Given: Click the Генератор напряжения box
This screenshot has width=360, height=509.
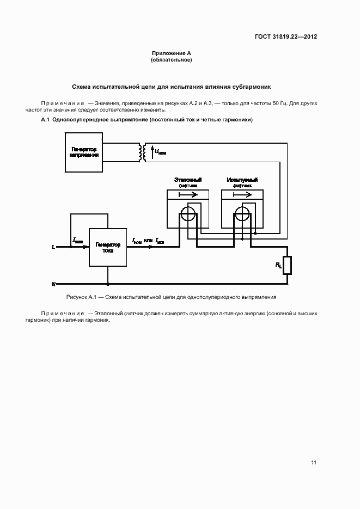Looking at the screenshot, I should tap(84, 152).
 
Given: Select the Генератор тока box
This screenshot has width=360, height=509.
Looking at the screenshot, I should tap(108, 247).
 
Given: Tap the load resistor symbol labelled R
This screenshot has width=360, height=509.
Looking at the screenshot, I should tap(288, 265).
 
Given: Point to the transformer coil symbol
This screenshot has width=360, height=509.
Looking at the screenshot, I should tap(142, 152).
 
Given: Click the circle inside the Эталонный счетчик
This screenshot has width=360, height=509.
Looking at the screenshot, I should tap(187, 214).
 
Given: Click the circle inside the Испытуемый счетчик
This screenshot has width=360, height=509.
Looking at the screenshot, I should tap(242, 214).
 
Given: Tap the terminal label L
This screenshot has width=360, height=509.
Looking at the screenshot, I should tap(53, 247).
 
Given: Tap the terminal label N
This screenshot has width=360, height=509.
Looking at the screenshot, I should tap(53, 284).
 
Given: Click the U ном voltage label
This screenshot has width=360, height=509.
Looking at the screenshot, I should tap(160, 152).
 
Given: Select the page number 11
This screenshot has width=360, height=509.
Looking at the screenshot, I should tap(314, 463).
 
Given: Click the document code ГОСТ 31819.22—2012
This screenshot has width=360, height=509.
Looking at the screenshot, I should tap(286, 37).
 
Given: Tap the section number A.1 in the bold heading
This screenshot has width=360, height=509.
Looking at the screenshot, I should tap(45, 120).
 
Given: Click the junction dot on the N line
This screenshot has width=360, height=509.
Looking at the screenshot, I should tap(108, 284).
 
